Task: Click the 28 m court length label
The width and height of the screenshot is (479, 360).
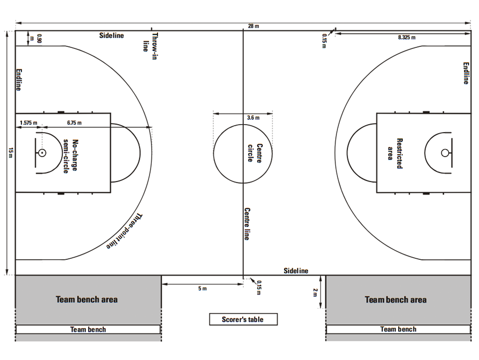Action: click(x=253, y=26)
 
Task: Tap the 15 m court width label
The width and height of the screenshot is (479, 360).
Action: click(x=11, y=153)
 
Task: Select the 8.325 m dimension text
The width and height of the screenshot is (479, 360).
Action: click(x=407, y=37)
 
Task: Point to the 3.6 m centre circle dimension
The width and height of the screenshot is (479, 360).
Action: click(x=253, y=118)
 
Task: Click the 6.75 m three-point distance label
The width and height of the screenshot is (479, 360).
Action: click(x=74, y=122)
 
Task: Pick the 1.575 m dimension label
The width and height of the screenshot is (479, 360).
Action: click(x=28, y=122)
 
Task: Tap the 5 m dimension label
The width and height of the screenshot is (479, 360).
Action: click(x=202, y=289)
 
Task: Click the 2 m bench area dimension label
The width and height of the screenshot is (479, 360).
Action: click(x=315, y=292)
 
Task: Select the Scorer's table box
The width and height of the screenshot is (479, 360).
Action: click(x=243, y=320)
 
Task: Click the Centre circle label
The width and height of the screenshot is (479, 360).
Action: click(x=255, y=153)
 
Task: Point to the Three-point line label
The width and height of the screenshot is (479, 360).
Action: click(x=125, y=231)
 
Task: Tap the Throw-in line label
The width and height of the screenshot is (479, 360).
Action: click(x=151, y=46)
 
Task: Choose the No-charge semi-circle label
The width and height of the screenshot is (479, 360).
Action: click(x=71, y=156)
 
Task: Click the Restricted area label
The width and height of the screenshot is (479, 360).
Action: click(x=395, y=153)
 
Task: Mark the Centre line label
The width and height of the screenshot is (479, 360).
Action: click(x=247, y=224)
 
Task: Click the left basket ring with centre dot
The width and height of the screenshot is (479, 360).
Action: click(x=42, y=153)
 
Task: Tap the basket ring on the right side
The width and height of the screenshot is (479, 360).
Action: click(x=445, y=153)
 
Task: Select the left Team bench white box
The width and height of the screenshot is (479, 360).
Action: click(x=88, y=330)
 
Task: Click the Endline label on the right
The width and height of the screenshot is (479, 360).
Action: click(x=466, y=73)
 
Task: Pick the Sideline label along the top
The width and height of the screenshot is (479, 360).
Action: click(x=112, y=36)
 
